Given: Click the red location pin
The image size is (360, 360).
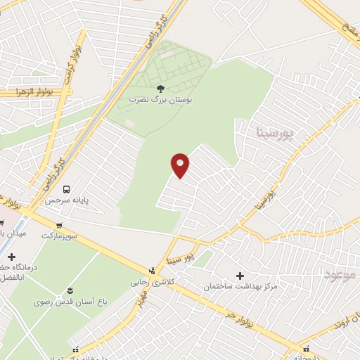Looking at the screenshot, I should click(180, 165).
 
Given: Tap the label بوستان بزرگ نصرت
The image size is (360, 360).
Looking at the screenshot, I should click(160, 100).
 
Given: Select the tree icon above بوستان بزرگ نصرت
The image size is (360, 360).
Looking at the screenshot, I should click(160, 89).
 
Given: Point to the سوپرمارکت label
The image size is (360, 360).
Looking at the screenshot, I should click(60, 237).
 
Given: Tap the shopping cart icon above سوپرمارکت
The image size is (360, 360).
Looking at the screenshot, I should click(59, 226).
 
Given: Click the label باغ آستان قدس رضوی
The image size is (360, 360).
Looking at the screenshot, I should click(69, 302).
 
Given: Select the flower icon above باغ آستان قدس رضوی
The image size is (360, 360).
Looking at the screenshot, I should click(70, 290).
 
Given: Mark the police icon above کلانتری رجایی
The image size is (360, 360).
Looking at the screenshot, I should click(153, 270).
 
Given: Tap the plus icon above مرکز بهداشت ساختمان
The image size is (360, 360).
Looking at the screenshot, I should click(241, 275).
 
